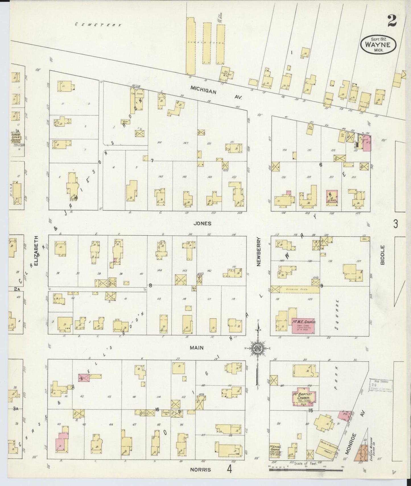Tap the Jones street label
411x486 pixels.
(x=202, y=223)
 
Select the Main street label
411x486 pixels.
(x=197, y=348)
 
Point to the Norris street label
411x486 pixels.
(x=201, y=470)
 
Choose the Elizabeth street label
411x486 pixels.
(x=36, y=250)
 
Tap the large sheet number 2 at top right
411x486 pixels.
(x=392, y=21)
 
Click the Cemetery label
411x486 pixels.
(x=98, y=25)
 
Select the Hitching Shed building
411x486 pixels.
(x=296, y=289)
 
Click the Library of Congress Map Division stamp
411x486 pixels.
(x=380, y=385)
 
